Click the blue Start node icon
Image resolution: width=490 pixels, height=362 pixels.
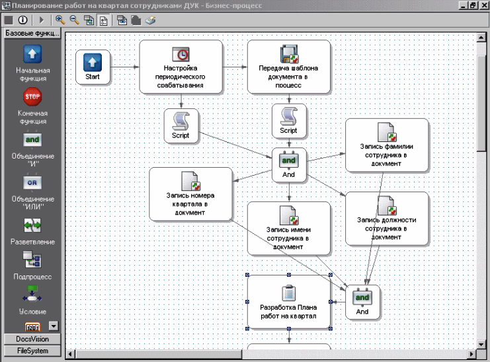93,62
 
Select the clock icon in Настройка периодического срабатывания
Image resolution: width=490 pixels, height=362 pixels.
181,54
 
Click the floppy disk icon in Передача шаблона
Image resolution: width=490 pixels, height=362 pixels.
289,54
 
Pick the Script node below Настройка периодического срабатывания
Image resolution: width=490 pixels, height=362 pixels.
181,126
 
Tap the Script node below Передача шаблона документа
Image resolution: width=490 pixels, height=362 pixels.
289,121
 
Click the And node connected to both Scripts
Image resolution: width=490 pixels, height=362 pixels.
289,164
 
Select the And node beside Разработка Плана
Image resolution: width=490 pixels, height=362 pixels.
362,302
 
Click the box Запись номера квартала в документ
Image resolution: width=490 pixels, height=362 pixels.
190,194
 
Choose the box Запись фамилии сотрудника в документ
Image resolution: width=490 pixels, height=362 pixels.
387,145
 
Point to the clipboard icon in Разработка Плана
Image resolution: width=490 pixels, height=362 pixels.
289,293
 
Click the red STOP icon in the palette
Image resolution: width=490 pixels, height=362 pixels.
32,96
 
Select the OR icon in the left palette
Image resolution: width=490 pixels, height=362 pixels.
32,182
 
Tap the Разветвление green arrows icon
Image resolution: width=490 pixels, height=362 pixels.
32,225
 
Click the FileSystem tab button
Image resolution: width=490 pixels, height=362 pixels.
32,351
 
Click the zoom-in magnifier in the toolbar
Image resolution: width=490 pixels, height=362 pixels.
60,20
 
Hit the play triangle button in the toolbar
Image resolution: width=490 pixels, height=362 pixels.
42,20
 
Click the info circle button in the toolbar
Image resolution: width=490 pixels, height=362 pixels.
22,20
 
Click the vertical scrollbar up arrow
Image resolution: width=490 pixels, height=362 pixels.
481,38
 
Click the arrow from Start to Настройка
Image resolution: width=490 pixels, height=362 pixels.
125,67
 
